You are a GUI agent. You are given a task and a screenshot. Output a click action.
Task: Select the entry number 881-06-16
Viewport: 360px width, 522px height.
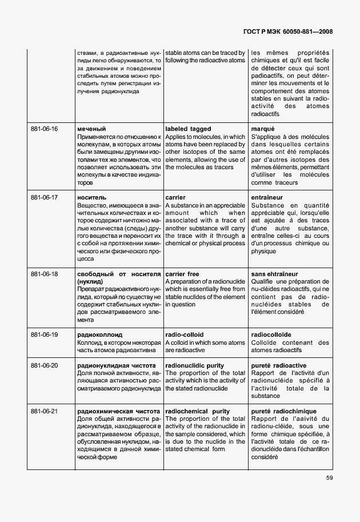[45, 129]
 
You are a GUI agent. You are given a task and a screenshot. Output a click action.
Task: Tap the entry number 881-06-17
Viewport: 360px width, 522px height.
[45, 197]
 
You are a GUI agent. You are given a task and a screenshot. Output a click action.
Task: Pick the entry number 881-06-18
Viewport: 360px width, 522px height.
[45, 274]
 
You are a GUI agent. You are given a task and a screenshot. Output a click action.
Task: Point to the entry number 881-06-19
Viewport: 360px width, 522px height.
[45, 334]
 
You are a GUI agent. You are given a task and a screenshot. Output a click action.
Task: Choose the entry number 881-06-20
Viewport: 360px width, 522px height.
[45, 365]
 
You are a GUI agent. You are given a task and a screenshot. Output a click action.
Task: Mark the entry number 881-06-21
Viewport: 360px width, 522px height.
[45, 411]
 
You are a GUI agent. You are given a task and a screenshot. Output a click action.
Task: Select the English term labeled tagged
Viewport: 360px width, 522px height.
[188, 129]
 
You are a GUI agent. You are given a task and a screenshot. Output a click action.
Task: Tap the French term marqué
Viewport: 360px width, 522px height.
[263, 129]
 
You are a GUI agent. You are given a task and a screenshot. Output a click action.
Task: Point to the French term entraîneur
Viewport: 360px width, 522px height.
[270, 197]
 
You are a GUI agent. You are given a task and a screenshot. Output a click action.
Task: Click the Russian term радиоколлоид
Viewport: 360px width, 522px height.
[100, 334]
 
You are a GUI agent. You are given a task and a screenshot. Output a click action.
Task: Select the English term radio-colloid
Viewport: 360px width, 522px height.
[184, 334]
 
